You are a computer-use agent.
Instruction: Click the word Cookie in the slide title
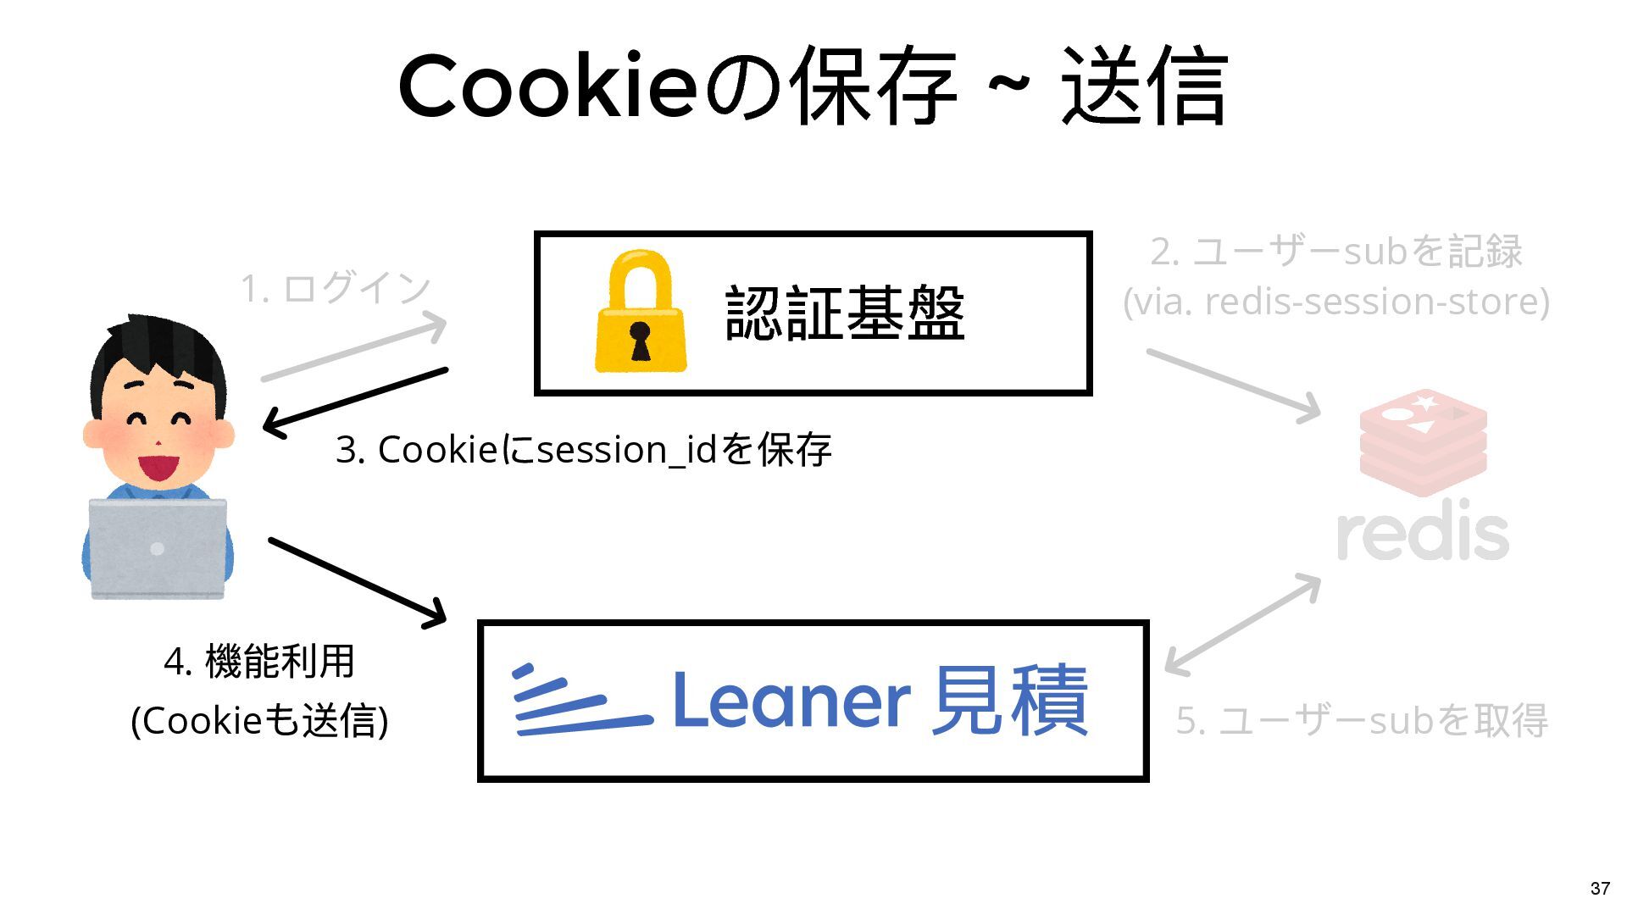click(x=547, y=87)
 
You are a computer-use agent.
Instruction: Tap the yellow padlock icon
click(x=640, y=313)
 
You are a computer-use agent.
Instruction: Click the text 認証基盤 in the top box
click(x=845, y=313)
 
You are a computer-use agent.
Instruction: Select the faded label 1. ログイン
click(x=336, y=288)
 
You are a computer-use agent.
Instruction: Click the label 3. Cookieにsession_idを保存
click(x=584, y=449)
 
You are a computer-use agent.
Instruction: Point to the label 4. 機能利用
click(x=259, y=662)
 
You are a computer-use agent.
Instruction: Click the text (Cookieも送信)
click(x=259, y=721)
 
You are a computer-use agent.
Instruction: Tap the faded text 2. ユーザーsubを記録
click(x=1336, y=252)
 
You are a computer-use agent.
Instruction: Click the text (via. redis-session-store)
click(x=1336, y=302)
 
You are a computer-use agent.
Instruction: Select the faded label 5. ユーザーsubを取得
click(x=1362, y=721)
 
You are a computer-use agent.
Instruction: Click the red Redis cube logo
click(x=1423, y=442)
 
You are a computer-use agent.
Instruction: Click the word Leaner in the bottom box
click(x=791, y=701)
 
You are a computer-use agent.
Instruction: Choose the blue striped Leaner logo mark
click(x=580, y=701)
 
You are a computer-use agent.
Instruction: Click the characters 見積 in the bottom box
click(x=1009, y=701)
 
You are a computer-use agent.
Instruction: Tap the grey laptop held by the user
click(x=158, y=549)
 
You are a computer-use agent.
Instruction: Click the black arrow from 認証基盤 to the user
click(x=356, y=399)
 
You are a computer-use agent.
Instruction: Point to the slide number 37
click(x=1600, y=888)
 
